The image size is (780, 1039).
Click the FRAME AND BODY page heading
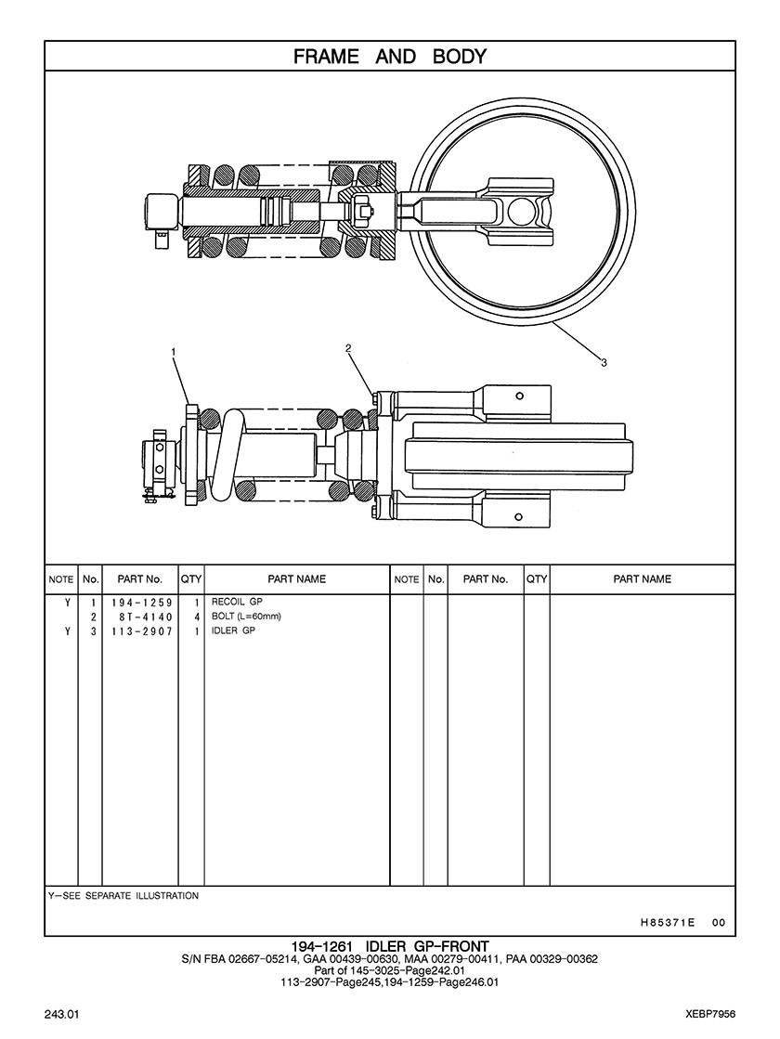point(390,57)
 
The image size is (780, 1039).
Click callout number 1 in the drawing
point(173,352)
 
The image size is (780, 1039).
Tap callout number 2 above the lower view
point(348,348)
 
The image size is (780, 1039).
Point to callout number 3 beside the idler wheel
point(604,362)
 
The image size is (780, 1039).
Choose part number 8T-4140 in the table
point(140,617)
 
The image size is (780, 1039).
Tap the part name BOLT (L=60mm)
point(246,617)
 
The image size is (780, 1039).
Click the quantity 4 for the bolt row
point(197,617)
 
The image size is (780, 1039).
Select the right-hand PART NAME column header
point(642,579)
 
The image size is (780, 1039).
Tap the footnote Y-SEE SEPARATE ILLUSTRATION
point(123,896)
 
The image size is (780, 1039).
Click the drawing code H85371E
point(668,923)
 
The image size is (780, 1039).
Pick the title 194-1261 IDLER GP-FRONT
point(389,946)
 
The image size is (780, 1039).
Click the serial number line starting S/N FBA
point(389,959)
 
